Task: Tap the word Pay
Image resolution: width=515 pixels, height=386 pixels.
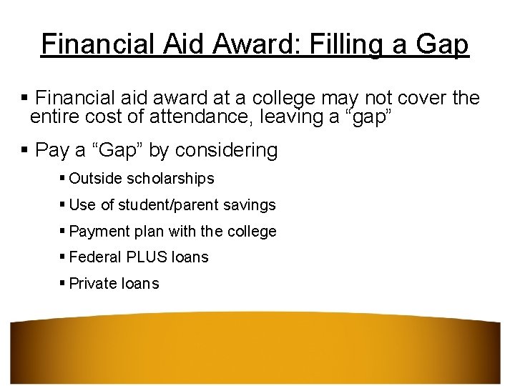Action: (x=52, y=150)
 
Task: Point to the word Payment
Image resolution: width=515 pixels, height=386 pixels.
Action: (x=98, y=232)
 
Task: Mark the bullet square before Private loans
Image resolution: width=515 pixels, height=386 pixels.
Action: (x=63, y=283)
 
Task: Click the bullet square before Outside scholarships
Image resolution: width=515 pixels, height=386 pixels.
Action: (x=63, y=178)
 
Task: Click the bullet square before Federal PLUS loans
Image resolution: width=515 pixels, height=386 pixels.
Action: (x=63, y=257)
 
